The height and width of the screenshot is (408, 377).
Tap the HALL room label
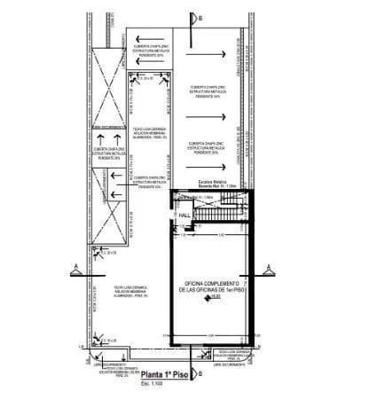[x=185, y=216]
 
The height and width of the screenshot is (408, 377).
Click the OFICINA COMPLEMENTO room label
[x=213, y=285]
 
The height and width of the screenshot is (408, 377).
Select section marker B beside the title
[x=200, y=374]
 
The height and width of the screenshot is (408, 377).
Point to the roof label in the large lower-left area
[x=130, y=294]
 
